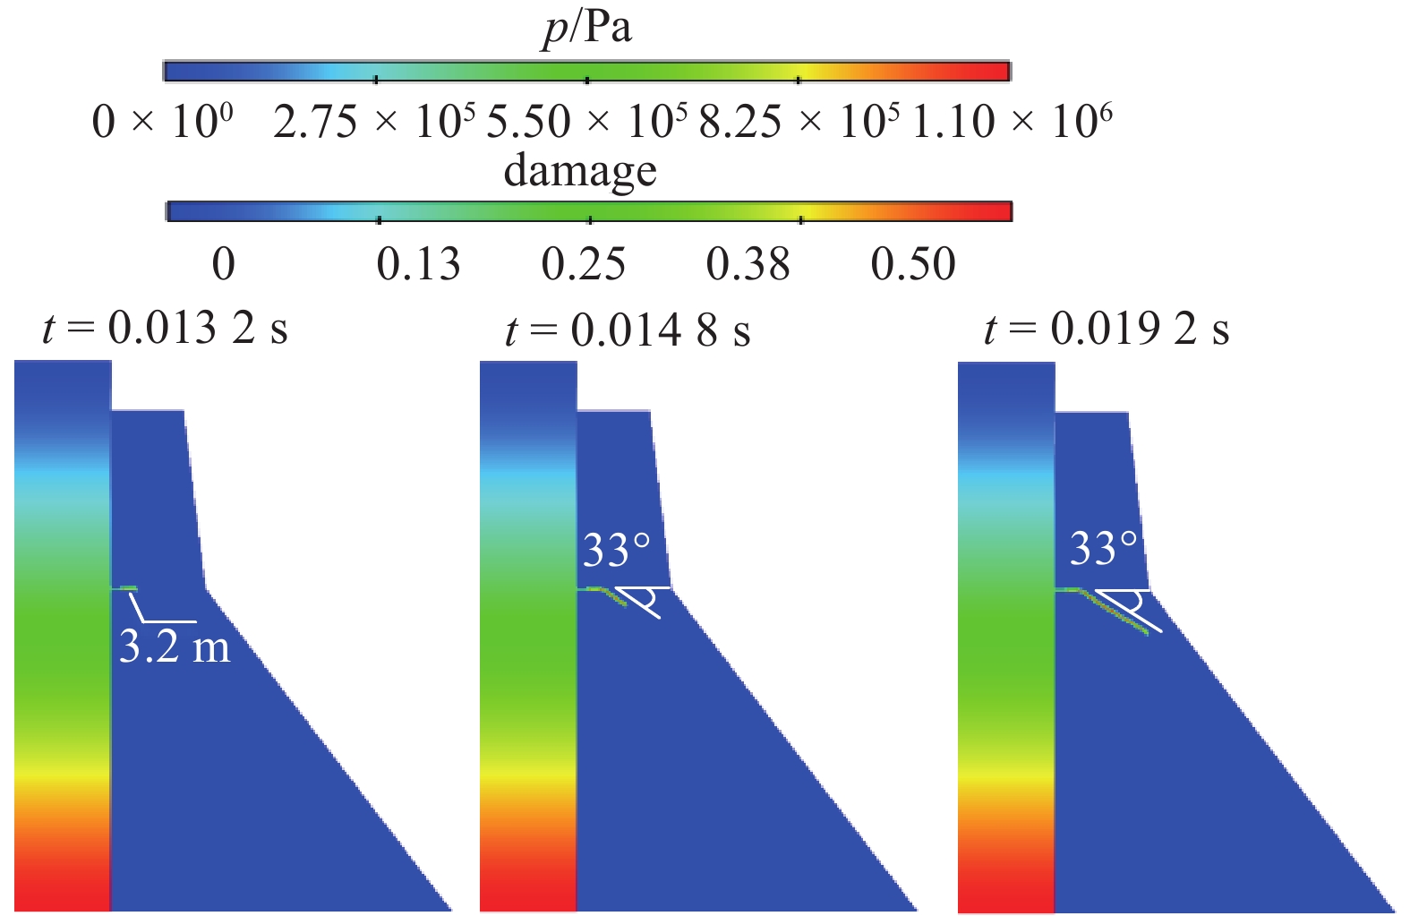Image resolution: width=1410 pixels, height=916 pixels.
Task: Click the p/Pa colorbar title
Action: (x=587, y=28)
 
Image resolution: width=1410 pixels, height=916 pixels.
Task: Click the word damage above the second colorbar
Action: (x=580, y=170)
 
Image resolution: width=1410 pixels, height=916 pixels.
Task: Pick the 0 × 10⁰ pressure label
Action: (x=162, y=122)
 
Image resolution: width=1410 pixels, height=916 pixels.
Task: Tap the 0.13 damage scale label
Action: (x=418, y=264)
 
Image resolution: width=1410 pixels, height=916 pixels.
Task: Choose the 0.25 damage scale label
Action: (x=583, y=264)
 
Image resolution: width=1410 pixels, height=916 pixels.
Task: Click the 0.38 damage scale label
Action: (x=748, y=264)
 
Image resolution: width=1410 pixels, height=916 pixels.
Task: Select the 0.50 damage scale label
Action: (x=913, y=264)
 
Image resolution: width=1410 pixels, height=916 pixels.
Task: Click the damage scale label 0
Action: (x=224, y=264)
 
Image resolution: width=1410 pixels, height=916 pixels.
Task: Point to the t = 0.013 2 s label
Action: (x=165, y=329)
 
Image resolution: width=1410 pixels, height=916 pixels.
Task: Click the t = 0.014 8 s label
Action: (x=628, y=330)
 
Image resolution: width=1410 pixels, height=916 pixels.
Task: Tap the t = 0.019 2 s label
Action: (x=1107, y=329)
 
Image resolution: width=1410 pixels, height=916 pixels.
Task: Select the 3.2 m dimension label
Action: (x=175, y=646)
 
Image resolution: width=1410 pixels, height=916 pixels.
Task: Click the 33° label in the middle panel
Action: (x=617, y=550)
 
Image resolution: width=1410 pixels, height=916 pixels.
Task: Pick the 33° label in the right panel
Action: (x=1104, y=548)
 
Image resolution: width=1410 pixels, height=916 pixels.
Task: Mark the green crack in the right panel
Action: (x=1115, y=612)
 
